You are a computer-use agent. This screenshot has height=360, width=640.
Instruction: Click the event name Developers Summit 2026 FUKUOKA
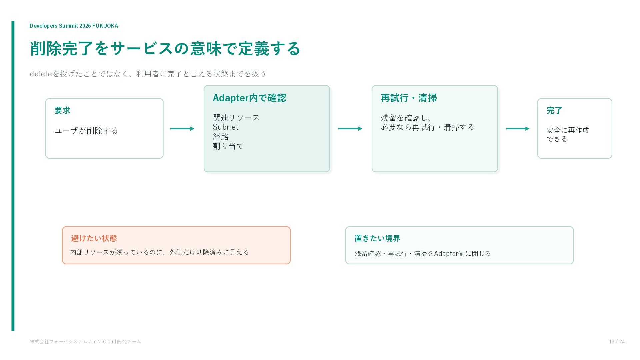[x=74, y=26]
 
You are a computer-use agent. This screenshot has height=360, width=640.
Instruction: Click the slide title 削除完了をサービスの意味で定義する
[x=165, y=49]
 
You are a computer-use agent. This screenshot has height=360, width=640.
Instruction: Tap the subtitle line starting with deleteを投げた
[x=148, y=74]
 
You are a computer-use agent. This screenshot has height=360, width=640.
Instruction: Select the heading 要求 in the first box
[x=62, y=110]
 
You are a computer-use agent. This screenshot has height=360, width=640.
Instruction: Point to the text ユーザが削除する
[x=86, y=131]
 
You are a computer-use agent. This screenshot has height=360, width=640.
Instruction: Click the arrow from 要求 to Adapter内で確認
[x=182, y=129]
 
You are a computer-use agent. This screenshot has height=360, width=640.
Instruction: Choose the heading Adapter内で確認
[x=249, y=98]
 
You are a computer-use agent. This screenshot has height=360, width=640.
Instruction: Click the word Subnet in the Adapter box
[x=226, y=127]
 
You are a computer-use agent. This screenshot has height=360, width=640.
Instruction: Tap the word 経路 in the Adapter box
[x=221, y=137]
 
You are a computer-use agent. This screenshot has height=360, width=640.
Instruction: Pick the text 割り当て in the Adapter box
[x=228, y=146]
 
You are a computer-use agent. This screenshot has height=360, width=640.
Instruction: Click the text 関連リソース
[x=236, y=118]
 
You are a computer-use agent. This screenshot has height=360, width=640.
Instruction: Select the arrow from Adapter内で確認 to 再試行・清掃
[x=350, y=129]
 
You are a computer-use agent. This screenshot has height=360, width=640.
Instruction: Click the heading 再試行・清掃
[x=409, y=98]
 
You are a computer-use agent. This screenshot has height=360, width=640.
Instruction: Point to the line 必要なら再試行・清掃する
[x=427, y=127]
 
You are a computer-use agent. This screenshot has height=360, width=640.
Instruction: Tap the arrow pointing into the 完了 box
[x=518, y=129]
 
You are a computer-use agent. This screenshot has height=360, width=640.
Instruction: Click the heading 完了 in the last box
[x=554, y=110]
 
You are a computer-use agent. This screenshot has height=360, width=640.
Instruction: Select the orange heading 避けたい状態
[x=94, y=238]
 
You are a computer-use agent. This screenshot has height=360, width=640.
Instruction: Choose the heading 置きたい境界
[x=377, y=238]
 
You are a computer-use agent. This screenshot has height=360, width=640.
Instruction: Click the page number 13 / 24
[x=617, y=342]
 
